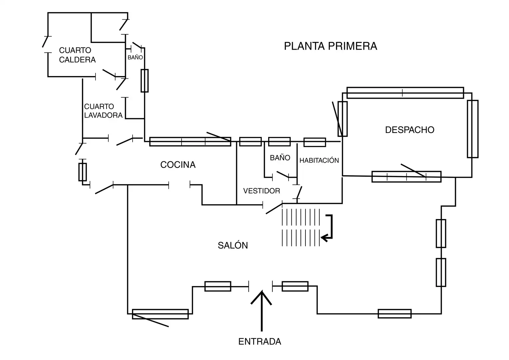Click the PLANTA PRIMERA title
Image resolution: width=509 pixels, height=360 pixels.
[330, 46]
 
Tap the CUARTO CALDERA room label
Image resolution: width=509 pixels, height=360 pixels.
[77, 55]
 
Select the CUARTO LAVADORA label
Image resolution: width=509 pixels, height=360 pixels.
[103, 111]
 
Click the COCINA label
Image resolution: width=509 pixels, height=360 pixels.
[178, 165]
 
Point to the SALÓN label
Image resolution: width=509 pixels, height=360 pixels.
[233, 245]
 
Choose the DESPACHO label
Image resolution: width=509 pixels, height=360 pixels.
[410, 130]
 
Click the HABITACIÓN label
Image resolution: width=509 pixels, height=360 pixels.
[319, 160]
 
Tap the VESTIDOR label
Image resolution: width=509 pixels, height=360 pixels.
[261, 191]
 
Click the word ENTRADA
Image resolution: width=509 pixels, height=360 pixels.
[260, 342]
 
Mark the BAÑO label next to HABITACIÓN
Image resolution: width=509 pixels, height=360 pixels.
[280, 158]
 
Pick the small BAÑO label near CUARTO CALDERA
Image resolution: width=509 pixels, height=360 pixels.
[135, 57]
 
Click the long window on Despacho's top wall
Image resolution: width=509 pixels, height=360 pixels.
[405, 93]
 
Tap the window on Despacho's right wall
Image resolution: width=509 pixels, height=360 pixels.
[473, 129]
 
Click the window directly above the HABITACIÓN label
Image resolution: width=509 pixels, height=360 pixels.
[315, 142]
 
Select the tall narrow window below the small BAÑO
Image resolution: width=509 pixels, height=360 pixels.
[145, 81]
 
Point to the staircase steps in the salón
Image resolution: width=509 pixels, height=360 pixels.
[301, 227]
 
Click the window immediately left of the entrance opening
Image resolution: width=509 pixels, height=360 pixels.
[218, 286]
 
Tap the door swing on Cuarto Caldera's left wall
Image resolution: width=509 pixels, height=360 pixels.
[45, 42]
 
